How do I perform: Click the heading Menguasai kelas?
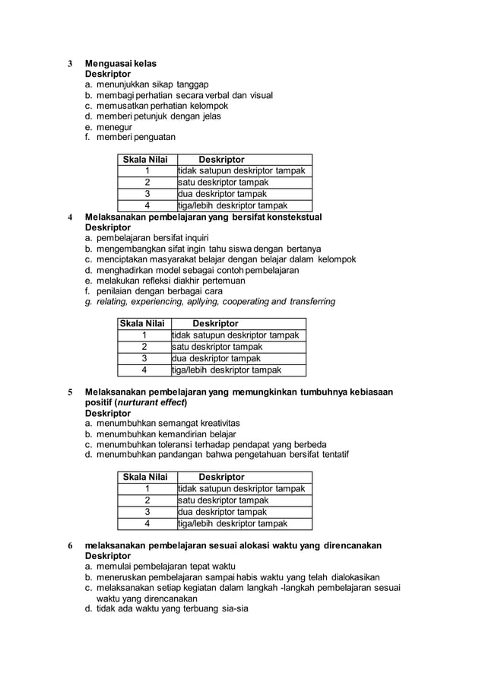(121, 63)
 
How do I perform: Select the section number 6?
(70, 546)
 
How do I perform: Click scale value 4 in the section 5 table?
(147, 523)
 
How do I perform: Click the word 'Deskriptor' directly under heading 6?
(107, 556)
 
